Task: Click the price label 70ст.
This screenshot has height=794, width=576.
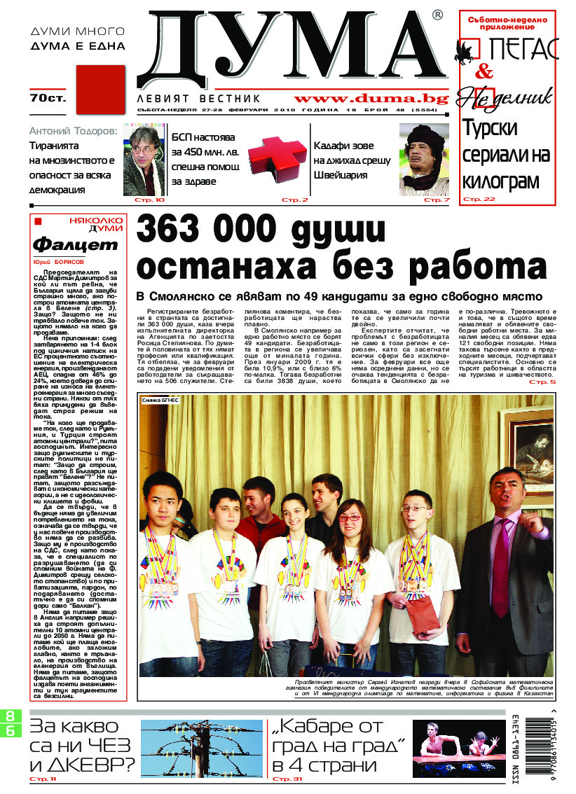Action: (x=48, y=98)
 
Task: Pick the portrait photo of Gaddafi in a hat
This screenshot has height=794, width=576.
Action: (x=424, y=159)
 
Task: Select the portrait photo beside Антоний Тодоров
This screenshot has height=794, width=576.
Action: (x=144, y=159)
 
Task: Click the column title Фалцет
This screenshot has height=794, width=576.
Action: (x=76, y=245)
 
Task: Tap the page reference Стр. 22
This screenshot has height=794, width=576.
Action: (x=478, y=200)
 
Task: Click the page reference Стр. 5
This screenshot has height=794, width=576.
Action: (x=542, y=382)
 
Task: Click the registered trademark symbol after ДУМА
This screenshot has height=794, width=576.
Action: (x=437, y=15)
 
